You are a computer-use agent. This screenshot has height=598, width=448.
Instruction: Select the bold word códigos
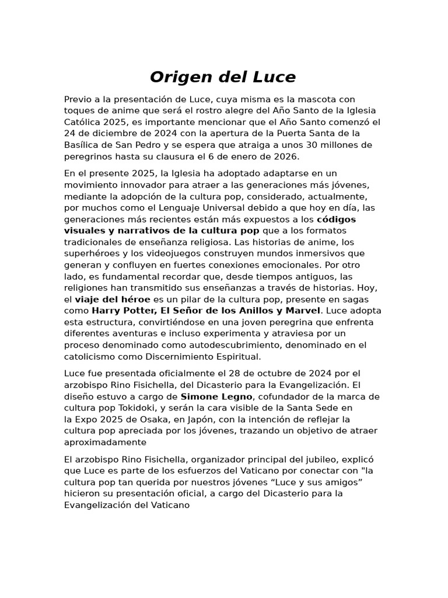336,220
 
